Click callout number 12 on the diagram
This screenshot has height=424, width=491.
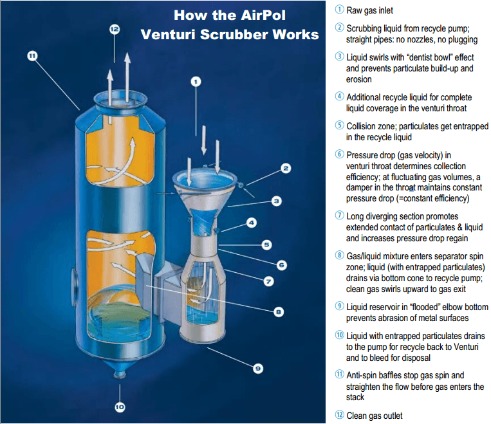click(115, 30)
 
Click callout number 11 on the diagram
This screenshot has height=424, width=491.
click(32, 56)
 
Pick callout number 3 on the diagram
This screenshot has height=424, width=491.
click(276, 201)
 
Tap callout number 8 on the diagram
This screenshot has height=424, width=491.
click(279, 312)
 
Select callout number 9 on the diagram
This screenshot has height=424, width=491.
click(257, 368)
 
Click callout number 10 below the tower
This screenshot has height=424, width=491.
click(120, 407)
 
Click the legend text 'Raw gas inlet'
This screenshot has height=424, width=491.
click(369, 11)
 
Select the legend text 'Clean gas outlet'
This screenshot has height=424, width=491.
click(375, 416)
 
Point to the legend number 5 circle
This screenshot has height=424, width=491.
click(340, 125)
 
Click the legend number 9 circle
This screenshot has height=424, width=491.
click(340, 306)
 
